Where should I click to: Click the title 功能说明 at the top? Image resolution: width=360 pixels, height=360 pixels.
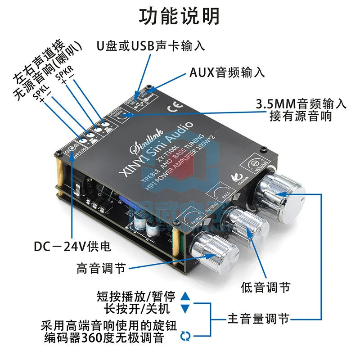coord(180,16)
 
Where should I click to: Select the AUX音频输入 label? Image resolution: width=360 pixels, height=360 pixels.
coord(227,72)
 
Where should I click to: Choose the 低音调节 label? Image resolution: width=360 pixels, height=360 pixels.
coord(265,287)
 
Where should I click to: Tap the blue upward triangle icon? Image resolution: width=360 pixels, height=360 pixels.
coord(185,297)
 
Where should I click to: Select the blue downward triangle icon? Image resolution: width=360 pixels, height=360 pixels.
coord(185,309)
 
